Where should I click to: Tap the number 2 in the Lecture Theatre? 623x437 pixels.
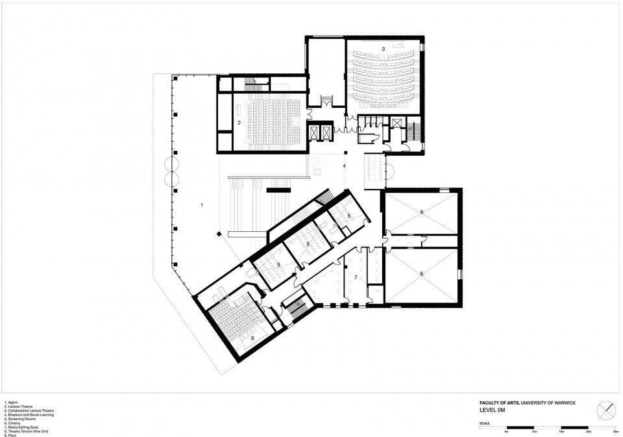tap(239, 122)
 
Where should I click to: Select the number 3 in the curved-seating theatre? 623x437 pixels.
tap(384, 49)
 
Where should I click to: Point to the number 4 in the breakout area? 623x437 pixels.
tap(344, 166)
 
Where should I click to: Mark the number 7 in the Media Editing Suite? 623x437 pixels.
tap(356, 277)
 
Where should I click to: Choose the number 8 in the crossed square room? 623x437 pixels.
tap(421, 275)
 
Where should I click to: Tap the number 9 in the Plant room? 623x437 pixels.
tap(421, 212)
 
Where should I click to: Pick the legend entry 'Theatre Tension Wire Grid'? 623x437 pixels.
tap(26, 431)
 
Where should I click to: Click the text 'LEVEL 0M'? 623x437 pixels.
tap(491, 410)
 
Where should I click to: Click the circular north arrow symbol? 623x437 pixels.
tap(606, 410)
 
